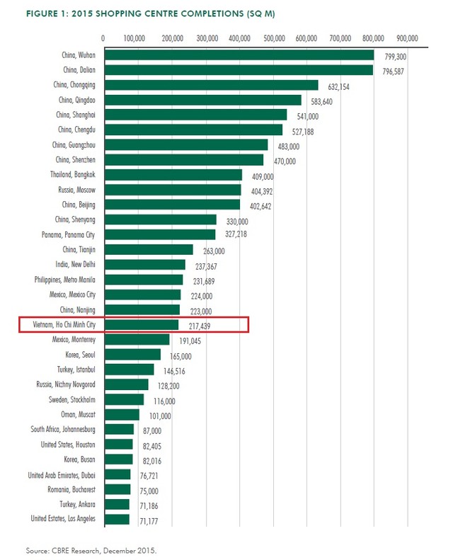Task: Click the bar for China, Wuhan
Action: click(239, 55)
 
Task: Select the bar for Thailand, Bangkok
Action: click(173, 174)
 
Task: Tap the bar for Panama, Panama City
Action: click(159, 234)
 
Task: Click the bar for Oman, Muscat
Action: click(121, 414)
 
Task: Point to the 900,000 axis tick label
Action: click(408, 38)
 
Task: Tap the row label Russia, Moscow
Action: click(76, 190)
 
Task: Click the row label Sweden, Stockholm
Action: click(69, 399)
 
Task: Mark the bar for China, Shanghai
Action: click(195, 115)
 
